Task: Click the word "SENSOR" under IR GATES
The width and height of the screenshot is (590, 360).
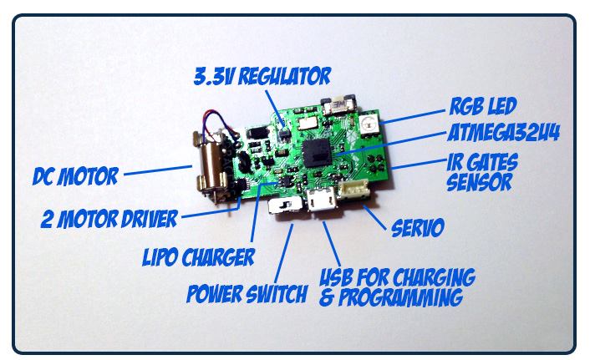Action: [478, 182]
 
